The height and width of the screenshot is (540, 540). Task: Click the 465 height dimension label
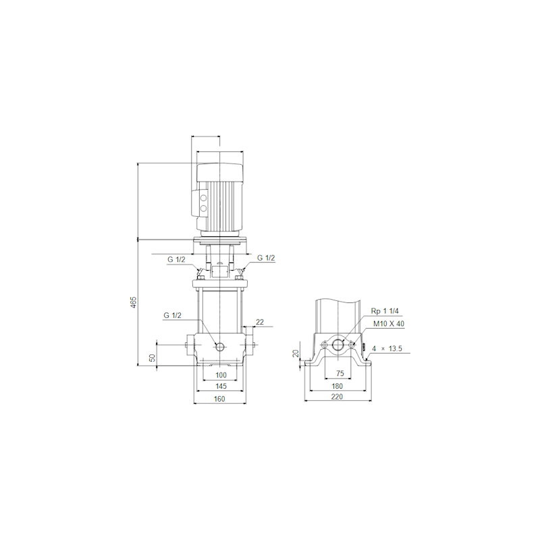click(134, 302)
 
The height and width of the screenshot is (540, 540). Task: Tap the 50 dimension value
click(153, 358)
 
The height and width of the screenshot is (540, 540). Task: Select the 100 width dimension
click(221, 375)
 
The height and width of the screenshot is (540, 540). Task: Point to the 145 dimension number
click(221, 386)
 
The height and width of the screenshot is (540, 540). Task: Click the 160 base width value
click(219, 399)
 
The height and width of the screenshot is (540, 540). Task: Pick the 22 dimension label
click(260, 322)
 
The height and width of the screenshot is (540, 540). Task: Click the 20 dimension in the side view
click(296, 353)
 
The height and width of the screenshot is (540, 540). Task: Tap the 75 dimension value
click(340, 373)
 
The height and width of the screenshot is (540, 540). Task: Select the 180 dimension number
click(337, 386)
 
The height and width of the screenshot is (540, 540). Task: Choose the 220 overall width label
click(337, 397)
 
